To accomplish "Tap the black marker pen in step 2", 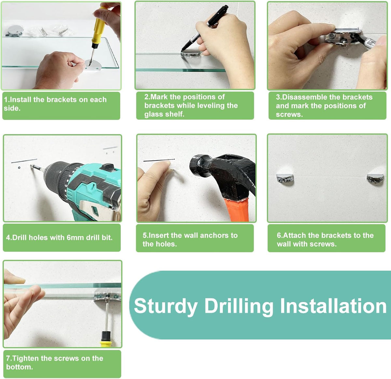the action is point(205,28).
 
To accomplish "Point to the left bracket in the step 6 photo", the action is point(285,179).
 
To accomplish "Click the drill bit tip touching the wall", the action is point(32,166).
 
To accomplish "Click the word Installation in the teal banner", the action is point(333,306).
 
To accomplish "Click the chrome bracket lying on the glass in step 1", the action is point(14,31).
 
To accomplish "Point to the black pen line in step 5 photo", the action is point(159,160).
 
